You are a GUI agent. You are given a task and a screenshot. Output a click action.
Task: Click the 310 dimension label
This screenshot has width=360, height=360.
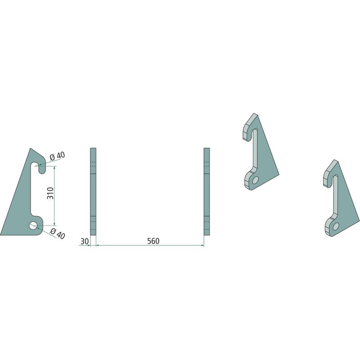click(x=50, y=193)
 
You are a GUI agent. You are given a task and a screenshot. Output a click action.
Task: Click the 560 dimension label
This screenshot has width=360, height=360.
click(x=153, y=241)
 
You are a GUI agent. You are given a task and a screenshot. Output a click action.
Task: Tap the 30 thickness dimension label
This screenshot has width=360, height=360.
click(x=85, y=241)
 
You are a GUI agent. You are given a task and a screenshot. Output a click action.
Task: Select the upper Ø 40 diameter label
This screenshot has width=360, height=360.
click(x=58, y=156)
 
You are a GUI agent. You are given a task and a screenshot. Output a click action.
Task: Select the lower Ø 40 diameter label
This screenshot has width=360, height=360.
click(x=58, y=234)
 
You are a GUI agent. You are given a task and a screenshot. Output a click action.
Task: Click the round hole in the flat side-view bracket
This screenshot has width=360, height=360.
click(x=33, y=225)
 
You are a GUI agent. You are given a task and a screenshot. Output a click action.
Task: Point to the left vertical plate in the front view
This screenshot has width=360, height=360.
click(x=93, y=192)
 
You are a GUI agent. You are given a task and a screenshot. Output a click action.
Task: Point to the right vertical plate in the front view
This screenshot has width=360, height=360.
click(x=207, y=192)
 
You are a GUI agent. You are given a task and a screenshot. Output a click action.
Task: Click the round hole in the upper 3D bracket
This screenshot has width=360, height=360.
click(x=255, y=180)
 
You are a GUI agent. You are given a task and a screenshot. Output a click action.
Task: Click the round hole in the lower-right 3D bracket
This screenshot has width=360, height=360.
click(x=336, y=226)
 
